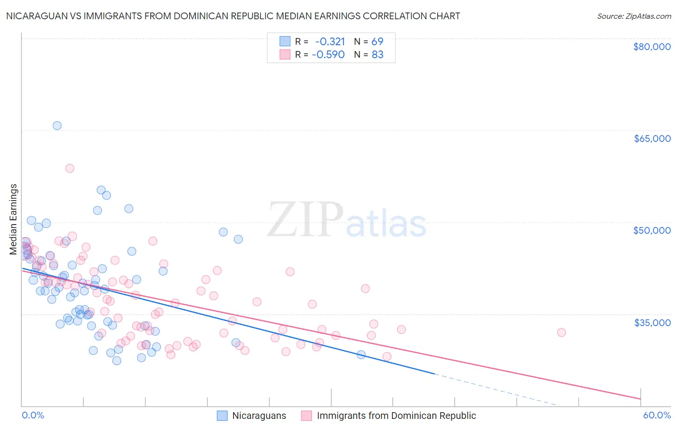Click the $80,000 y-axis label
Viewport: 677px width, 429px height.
click(x=652, y=47)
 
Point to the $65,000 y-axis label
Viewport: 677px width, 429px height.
click(x=652, y=139)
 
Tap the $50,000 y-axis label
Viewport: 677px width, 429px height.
click(x=652, y=230)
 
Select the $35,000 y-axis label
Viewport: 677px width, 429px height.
click(x=652, y=322)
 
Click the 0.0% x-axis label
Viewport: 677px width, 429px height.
click(x=33, y=416)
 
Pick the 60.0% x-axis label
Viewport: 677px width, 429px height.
click(x=657, y=416)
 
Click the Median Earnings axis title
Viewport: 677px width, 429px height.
click(x=13, y=219)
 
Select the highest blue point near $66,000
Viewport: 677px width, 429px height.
click(x=57, y=126)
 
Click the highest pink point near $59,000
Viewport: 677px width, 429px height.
click(x=69, y=168)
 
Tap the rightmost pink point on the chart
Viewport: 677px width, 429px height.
click(x=561, y=332)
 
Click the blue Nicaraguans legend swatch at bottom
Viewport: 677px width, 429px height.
click(x=222, y=416)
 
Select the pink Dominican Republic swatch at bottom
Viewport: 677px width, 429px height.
click(x=306, y=416)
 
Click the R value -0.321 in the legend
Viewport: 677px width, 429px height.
click(x=330, y=41)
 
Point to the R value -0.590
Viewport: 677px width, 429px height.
click(x=328, y=54)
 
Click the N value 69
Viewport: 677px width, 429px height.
click(x=378, y=41)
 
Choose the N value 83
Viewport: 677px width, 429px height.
click(x=378, y=54)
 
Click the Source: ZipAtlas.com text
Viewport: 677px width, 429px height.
click(x=634, y=16)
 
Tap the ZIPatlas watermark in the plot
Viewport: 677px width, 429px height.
click(x=347, y=220)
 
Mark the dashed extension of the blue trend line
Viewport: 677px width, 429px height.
click(x=496, y=390)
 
